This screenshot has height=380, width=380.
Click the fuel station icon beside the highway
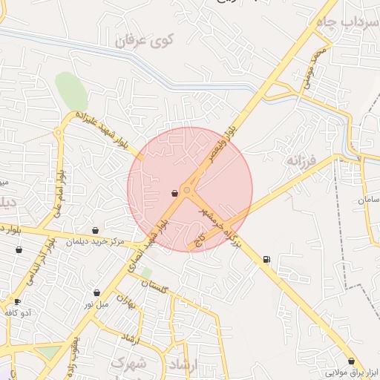point(266,259)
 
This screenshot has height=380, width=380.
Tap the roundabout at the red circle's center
point(187,191)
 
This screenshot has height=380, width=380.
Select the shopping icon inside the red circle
point(174,193)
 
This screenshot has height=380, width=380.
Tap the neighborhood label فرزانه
point(303,160)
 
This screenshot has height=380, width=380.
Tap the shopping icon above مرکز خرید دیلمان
point(96,231)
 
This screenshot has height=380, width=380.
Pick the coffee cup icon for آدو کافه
point(17,301)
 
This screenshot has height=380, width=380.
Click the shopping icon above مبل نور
point(97,292)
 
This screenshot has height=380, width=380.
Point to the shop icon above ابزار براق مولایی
point(351,361)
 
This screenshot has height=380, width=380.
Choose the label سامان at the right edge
point(368,200)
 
